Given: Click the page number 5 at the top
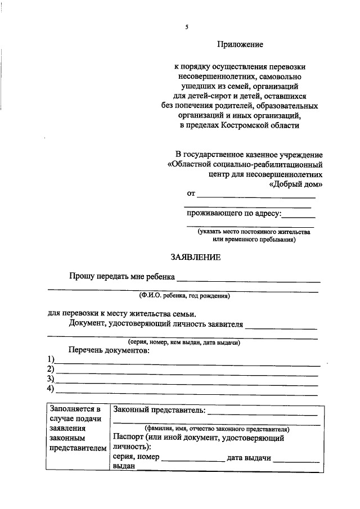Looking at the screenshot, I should click(x=187, y=27).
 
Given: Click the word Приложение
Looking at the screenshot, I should click(x=240, y=44).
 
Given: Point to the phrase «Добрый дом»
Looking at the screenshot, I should click(x=296, y=184).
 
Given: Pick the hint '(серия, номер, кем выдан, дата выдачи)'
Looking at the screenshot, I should click(x=184, y=342).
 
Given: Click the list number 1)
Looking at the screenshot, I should click(x=51, y=359).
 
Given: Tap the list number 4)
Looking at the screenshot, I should click(x=51, y=389).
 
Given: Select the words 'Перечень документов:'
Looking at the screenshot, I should click(x=109, y=350).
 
